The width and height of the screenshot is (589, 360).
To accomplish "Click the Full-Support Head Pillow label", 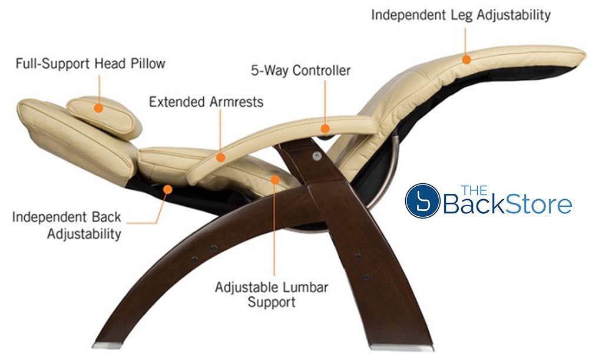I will [x=90, y=63].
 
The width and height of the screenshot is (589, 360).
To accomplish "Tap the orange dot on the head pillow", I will [x=98, y=108].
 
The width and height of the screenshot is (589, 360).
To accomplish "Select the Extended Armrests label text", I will [x=206, y=102].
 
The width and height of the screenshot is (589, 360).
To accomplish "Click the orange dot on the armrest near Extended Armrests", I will [x=220, y=157].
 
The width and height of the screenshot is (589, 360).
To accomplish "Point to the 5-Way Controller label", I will [x=300, y=71].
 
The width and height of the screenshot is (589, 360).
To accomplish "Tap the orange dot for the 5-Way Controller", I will [x=325, y=128].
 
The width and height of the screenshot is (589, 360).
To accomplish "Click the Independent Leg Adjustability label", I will [x=461, y=15].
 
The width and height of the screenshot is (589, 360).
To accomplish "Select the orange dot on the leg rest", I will [x=466, y=59].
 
